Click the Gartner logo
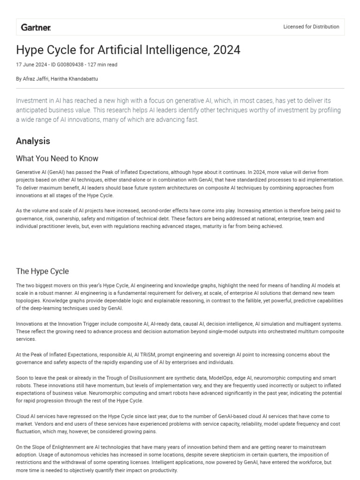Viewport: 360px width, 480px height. point(36,27)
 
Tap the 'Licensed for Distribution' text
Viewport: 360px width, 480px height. point(311,27)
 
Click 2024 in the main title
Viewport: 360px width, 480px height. point(225,50)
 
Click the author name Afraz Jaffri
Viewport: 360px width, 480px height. point(36,79)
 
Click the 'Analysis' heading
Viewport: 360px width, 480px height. point(33,141)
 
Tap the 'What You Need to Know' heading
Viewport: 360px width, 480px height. point(57,158)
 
